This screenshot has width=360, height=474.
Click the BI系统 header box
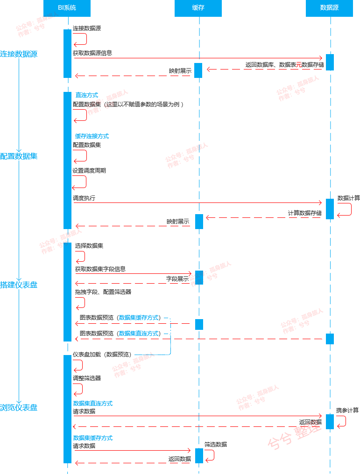click(67, 8)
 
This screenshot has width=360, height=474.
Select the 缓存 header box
click(198, 8)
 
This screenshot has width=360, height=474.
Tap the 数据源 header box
click(329, 8)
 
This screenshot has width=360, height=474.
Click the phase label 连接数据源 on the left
click(19, 54)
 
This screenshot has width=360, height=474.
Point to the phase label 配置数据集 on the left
click(19, 156)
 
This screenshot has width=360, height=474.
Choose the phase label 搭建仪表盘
click(19, 285)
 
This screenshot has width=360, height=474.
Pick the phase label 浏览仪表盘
click(19, 408)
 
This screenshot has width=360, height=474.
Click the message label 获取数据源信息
click(92, 53)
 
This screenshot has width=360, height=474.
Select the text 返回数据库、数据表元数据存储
click(284, 65)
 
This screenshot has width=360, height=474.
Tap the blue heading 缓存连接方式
click(92, 136)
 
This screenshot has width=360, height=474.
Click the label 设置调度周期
click(89, 171)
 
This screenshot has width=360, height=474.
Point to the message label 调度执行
click(84, 198)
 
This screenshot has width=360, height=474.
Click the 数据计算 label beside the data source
click(348, 198)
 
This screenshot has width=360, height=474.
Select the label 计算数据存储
click(304, 213)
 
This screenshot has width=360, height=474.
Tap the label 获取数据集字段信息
click(100, 269)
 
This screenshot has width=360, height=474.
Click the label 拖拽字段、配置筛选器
click(103, 292)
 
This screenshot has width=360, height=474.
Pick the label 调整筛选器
click(87, 378)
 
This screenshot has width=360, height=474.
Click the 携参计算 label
click(347, 411)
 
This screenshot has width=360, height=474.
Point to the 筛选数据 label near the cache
click(215, 445)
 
